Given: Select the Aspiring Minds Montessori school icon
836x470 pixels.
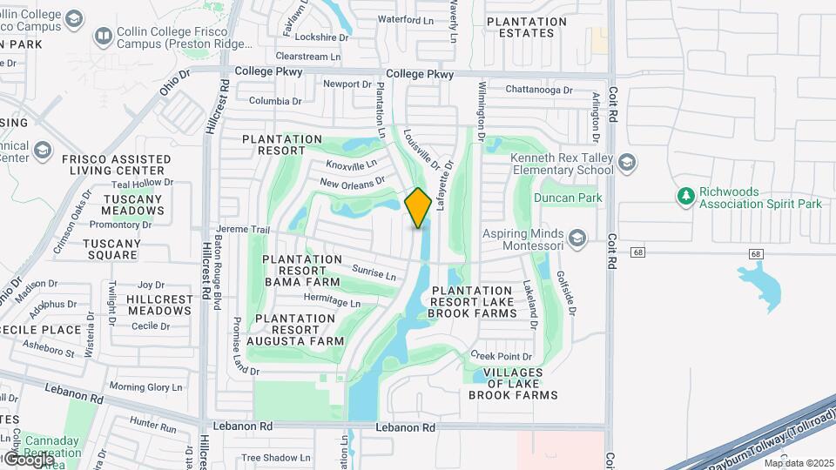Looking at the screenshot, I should click(x=576, y=238).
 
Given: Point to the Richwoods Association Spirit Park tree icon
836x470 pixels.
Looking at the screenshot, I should click(x=686, y=197).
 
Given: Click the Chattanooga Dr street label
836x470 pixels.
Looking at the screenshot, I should click(x=540, y=90).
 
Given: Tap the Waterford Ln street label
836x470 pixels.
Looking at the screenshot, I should click(x=405, y=19).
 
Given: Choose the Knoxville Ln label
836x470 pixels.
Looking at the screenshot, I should click(x=352, y=164).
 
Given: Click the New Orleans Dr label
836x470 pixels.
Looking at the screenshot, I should click(x=352, y=183).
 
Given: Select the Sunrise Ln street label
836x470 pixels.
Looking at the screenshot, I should click(x=374, y=272).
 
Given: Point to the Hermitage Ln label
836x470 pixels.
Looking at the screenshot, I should click(x=331, y=302).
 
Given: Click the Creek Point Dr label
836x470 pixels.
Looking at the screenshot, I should click(x=501, y=356).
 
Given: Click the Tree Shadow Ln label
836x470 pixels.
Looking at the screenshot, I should click(x=275, y=457).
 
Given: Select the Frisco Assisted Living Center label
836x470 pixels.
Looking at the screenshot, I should click(x=116, y=164).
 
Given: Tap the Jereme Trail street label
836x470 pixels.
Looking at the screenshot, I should click(x=244, y=230).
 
